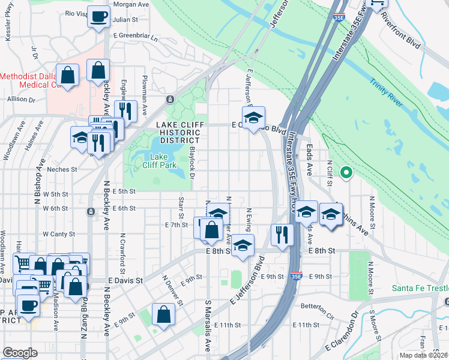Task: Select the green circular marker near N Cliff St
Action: click(346, 173)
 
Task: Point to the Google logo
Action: click(20, 352)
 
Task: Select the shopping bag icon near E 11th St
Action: click(163, 313)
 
